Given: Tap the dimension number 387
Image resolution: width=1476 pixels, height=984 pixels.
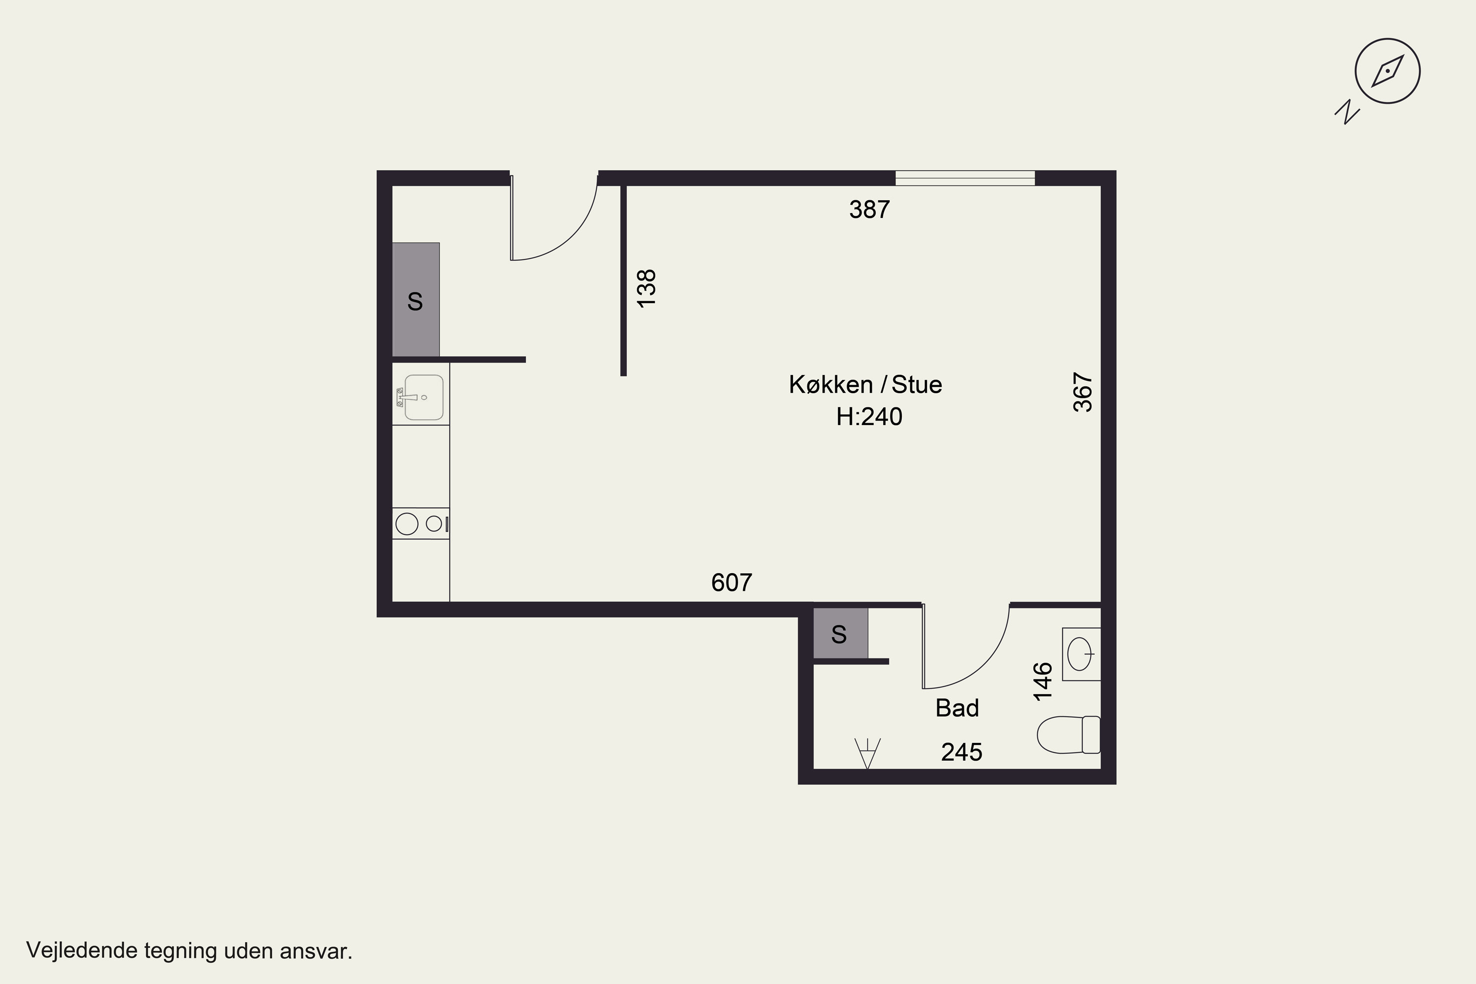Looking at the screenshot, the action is click(869, 210).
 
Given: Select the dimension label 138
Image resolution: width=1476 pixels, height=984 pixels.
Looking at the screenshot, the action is click(646, 288).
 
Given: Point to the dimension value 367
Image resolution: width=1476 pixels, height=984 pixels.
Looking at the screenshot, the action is click(1083, 392).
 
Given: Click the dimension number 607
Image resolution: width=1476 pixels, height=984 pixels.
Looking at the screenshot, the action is click(732, 583).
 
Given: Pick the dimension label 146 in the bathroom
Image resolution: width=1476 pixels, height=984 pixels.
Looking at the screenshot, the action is click(1043, 681).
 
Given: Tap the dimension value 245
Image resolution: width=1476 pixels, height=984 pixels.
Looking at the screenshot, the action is click(961, 752).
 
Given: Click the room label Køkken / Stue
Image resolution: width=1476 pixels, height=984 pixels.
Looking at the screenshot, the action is click(865, 384).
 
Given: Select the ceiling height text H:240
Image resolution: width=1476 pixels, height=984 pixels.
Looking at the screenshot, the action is click(869, 417).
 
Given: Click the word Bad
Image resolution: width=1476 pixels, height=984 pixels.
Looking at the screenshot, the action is click(957, 708).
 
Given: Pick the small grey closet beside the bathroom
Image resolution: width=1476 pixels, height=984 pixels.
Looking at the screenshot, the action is click(840, 633).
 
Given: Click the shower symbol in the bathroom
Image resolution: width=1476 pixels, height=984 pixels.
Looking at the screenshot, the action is click(867, 753).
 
